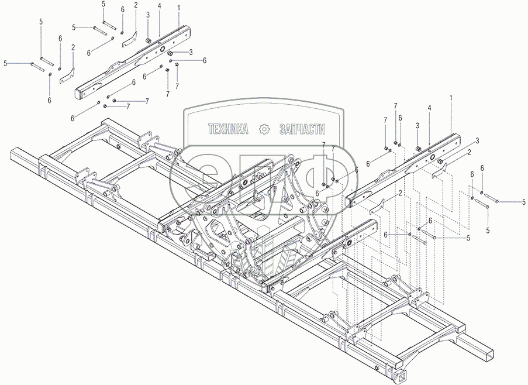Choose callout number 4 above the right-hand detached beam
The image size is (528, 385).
[429, 108]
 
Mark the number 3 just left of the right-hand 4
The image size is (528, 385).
[417, 125]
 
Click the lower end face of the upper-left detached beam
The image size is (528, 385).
[80, 93]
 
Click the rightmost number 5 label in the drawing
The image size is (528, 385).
[524, 202]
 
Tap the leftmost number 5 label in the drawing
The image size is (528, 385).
[5, 63]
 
